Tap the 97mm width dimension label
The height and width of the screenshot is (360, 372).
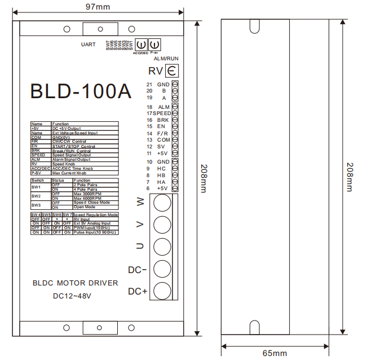point(98,6)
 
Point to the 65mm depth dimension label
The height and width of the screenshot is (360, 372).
point(274,353)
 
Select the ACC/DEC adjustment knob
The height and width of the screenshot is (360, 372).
point(141,45)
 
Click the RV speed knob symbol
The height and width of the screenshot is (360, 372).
point(172,71)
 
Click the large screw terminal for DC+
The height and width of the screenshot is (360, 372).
point(162,291)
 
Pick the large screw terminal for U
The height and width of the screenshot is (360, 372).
point(162,247)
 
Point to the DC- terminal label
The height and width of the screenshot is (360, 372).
point(137,270)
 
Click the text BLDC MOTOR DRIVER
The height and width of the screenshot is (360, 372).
point(76,283)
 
